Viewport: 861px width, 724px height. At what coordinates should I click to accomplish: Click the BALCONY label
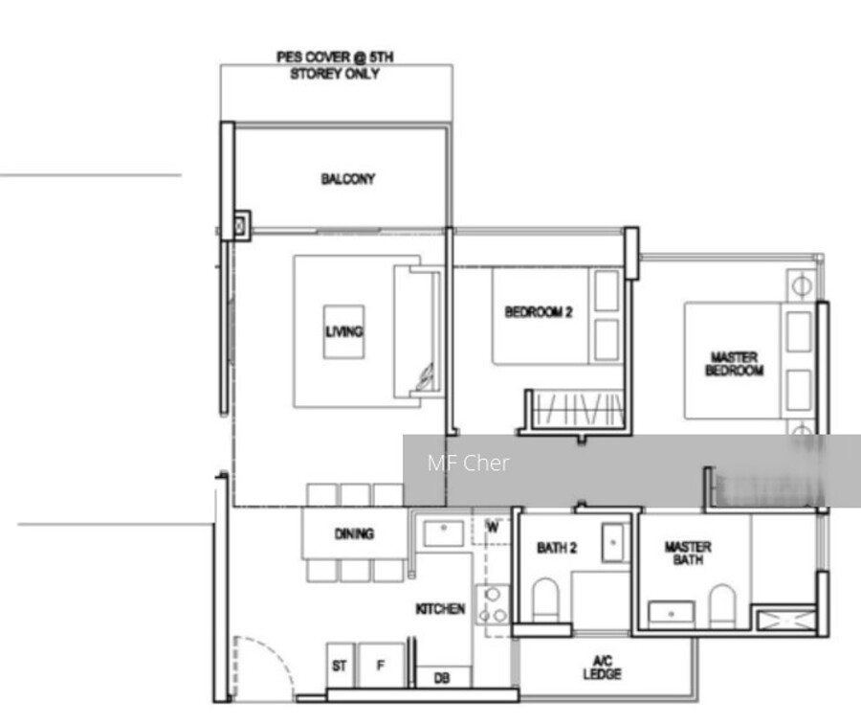pos(348,179)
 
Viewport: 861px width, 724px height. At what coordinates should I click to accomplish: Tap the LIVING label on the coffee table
pos(344,331)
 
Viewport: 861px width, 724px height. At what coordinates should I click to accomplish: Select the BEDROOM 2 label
pos(539,312)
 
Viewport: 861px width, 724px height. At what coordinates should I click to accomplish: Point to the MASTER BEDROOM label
pos(734,364)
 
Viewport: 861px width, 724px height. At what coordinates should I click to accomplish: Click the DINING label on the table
pos(354,533)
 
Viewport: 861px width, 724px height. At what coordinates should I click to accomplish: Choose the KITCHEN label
pos(440,609)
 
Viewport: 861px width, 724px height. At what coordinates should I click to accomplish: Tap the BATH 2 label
pos(557,548)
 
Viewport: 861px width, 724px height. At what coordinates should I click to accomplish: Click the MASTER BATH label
pos(688,553)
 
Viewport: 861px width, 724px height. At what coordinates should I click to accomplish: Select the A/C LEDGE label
pos(603,667)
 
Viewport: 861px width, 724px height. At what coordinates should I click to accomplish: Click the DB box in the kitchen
pos(443,677)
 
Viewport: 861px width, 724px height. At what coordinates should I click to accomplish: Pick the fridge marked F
pos(381,666)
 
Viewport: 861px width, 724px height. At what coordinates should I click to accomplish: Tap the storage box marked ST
pos(340,666)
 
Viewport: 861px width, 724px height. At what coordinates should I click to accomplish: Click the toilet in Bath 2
pos(545,600)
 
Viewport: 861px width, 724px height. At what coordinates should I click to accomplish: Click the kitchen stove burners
pos(493,605)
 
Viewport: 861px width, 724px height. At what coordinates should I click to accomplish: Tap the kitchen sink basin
pos(444,533)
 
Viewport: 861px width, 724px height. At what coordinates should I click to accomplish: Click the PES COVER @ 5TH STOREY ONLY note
pos(335,65)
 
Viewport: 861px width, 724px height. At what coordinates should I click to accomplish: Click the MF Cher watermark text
pos(469,463)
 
